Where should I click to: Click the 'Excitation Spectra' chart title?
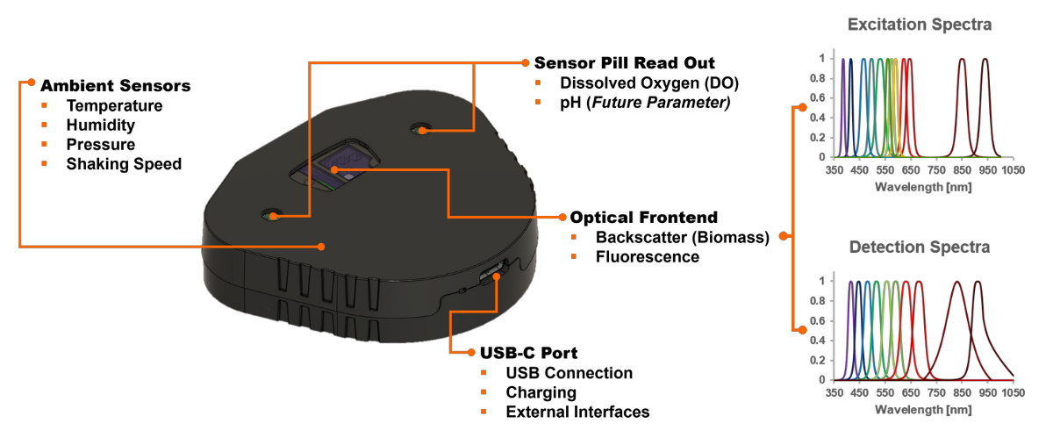[919, 25]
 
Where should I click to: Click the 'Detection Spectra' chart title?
[919, 248]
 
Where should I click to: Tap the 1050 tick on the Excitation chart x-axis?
[1014, 170]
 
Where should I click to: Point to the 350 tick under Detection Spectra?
[835, 393]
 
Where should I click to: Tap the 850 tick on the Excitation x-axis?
[963, 170]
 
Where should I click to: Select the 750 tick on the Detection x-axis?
[937, 393]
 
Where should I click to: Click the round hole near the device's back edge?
[420, 130]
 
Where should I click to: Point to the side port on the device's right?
[493, 274]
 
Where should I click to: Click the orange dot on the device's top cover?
[321, 247]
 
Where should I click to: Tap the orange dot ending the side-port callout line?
[471, 352]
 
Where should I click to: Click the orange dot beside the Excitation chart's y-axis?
[802, 107]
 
